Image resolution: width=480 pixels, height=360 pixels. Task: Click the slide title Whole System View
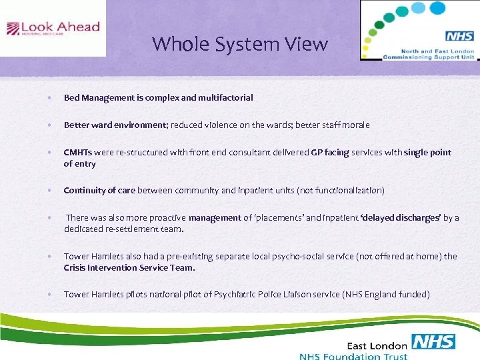click(240, 44)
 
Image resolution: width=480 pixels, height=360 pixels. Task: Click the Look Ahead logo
click(53, 28)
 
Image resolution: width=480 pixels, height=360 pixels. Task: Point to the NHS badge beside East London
click(433, 343)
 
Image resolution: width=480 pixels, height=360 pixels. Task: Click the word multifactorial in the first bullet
click(225, 98)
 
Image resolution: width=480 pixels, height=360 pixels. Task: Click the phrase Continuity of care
click(99, 191)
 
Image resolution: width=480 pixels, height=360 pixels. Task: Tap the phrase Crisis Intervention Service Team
click(129, 267)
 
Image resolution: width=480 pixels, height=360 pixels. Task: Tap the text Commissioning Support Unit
click(429, 57)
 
